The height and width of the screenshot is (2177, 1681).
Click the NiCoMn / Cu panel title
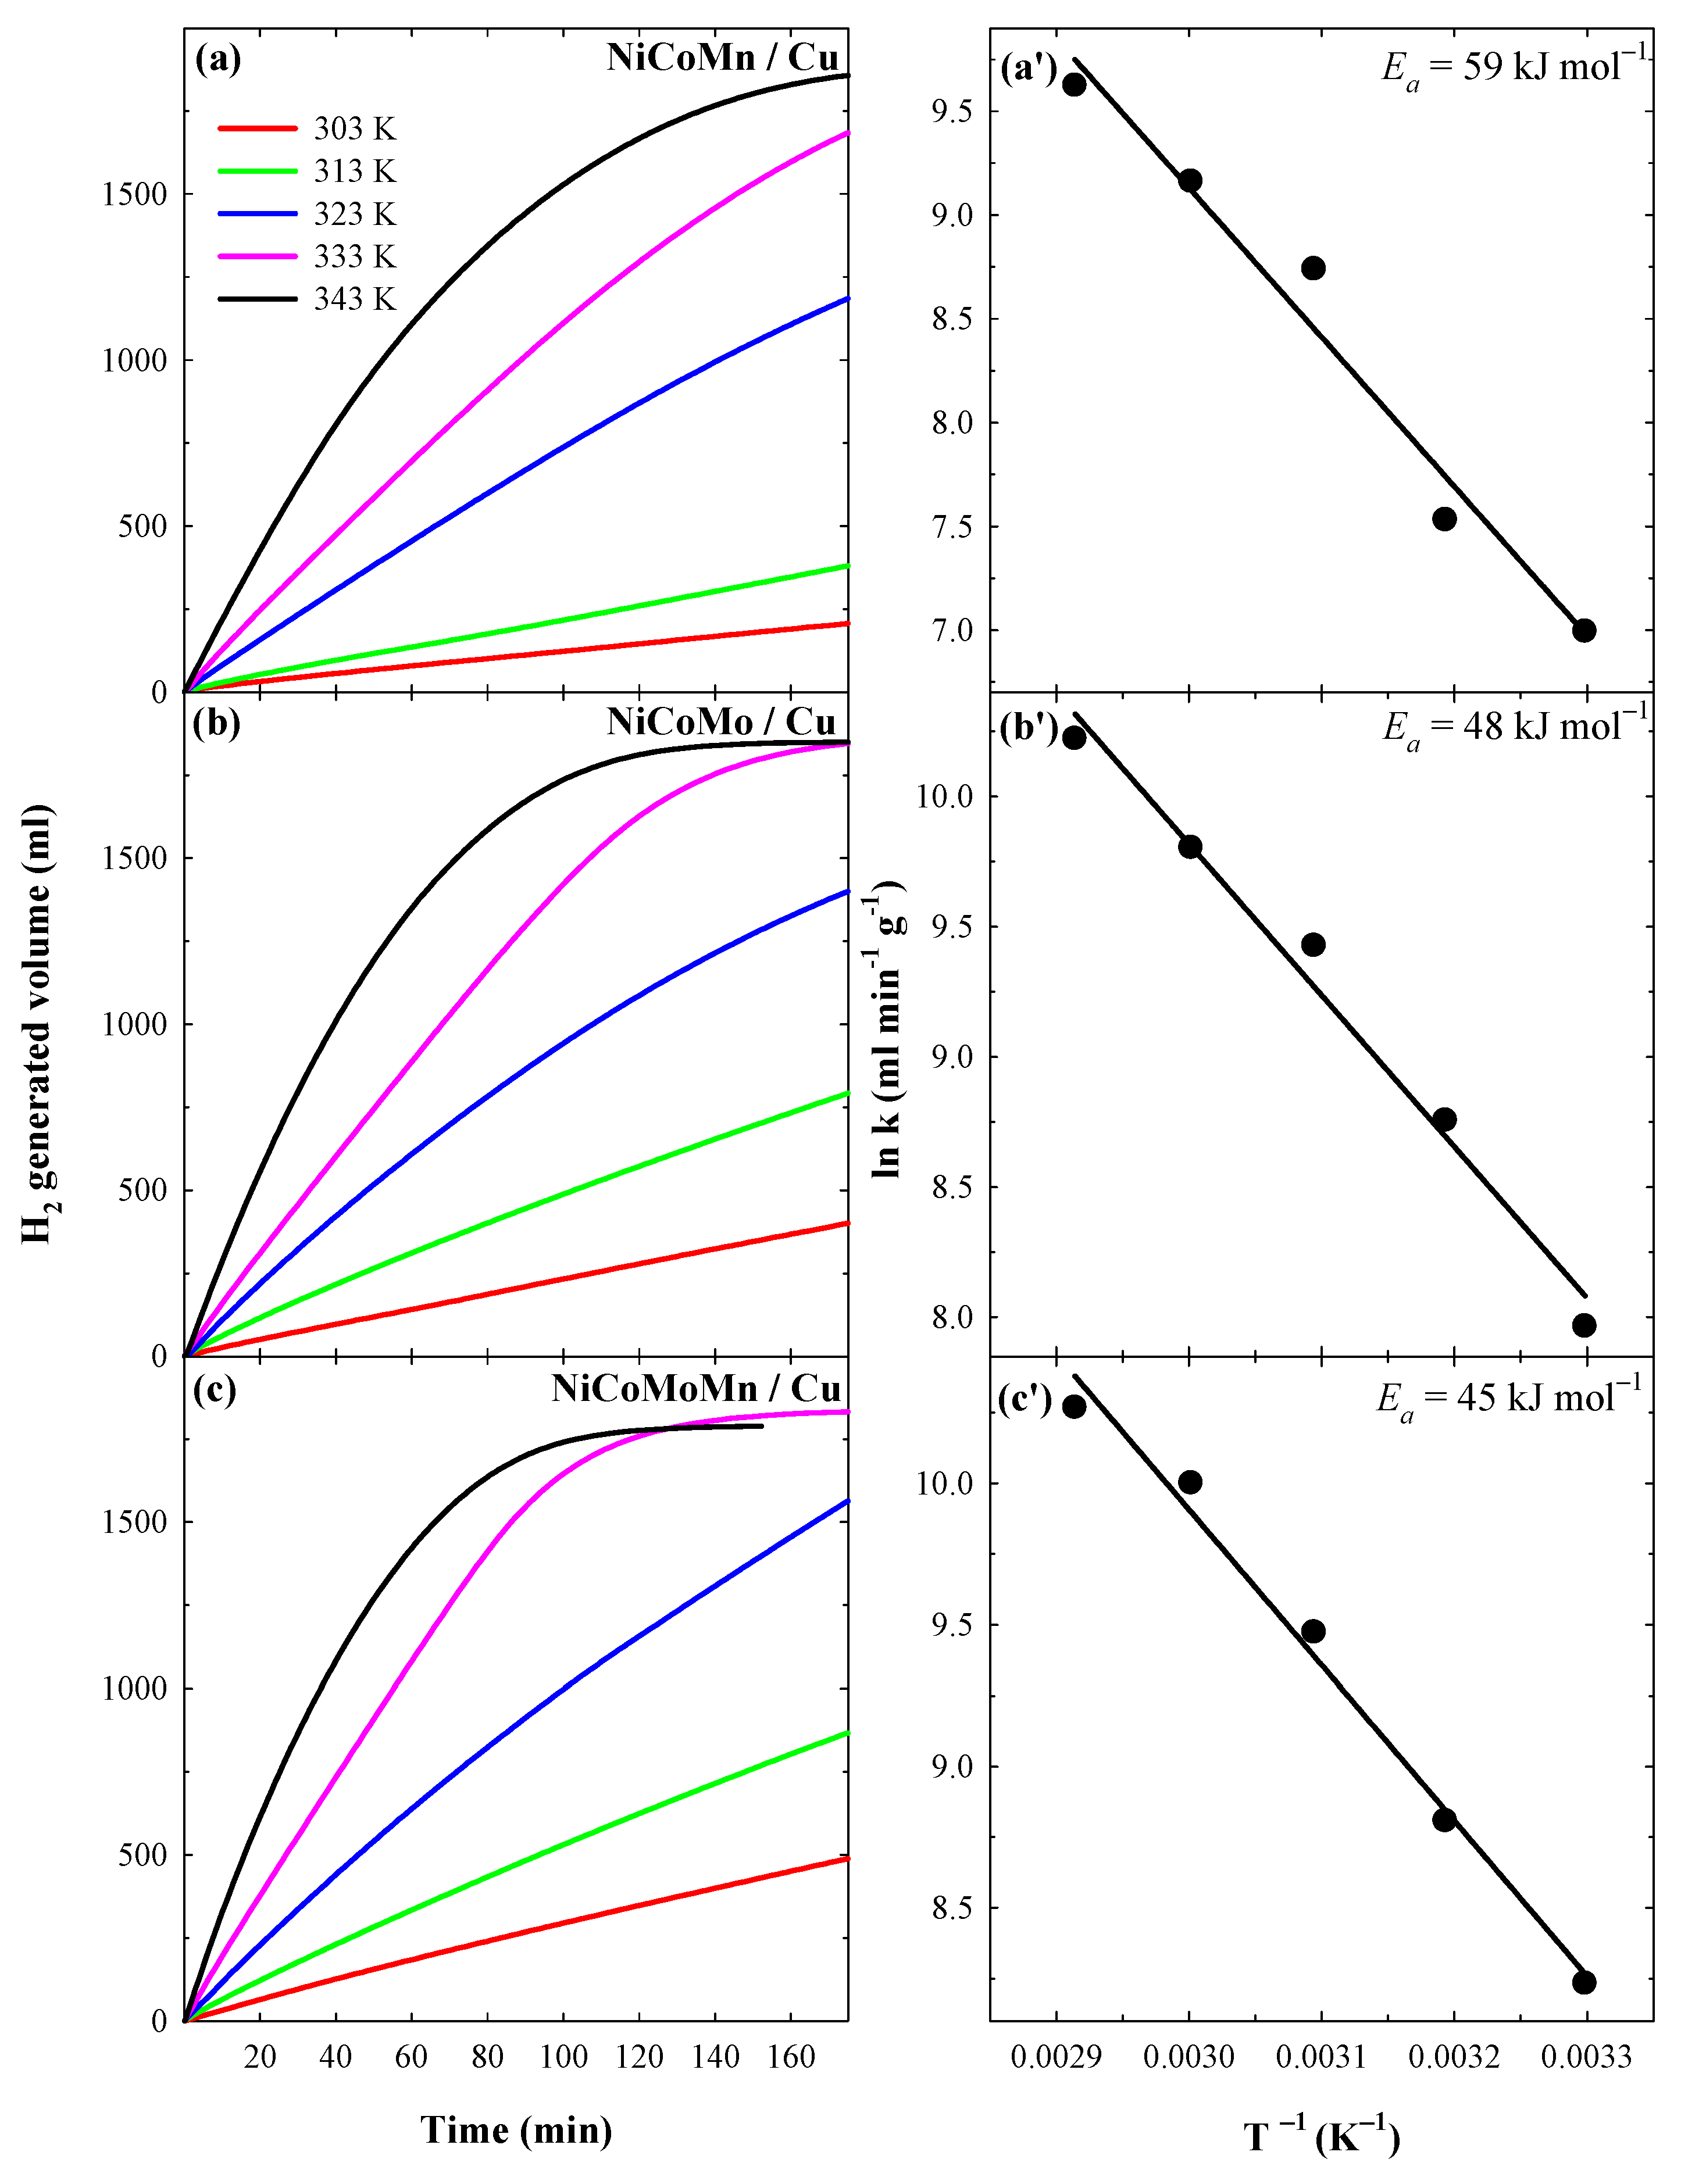[723, 58]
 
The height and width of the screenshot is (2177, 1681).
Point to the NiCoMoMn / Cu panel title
[696, 1389]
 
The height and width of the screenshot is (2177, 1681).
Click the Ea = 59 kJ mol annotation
[1514, 68]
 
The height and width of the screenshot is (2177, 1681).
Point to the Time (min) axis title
[516, 2130]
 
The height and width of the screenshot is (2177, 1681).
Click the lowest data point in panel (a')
[1583, 630]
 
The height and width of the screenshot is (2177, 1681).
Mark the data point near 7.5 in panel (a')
[1444, 519]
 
